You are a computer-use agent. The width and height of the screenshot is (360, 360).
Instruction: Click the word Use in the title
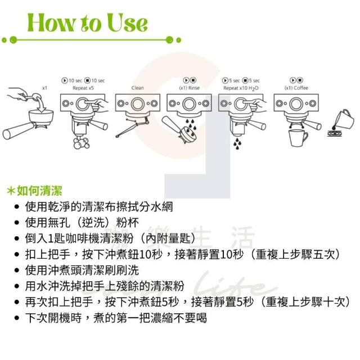click(x=127, y=22)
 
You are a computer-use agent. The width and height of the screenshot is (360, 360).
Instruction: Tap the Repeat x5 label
click(x=83, y=88)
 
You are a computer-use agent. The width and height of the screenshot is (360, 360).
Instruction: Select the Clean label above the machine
click(x=137, y=88)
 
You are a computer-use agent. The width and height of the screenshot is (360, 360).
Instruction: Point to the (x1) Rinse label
click(x=189, y=88)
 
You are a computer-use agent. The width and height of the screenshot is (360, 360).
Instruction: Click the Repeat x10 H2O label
click(x=241, y=88)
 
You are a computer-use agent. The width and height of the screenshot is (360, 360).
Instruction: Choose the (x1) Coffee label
click(x=296, y=88)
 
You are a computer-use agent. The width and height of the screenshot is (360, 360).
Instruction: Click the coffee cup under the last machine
click(x=298, y=138)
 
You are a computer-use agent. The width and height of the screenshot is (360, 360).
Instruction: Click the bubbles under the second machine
click(x=82, y=142)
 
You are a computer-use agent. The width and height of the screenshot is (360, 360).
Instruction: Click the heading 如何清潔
click(x=39, y=191)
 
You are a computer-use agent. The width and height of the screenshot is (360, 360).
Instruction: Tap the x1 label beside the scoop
click(x=45, y=88)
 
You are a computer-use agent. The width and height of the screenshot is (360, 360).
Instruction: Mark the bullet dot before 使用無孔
click(x=16, y=223)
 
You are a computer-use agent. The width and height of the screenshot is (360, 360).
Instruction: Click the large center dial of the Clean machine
click(x=137, y=104)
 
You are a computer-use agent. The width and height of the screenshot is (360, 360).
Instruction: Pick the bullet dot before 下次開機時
click(x=16, y=318)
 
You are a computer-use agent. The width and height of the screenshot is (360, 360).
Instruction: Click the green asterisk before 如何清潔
click(x=11, y=191)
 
